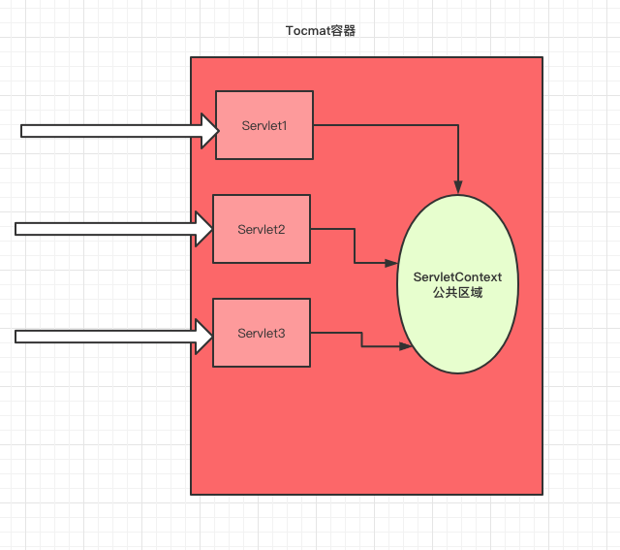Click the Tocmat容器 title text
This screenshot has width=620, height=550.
[322, 31]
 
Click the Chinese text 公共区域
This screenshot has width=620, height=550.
[457, 291]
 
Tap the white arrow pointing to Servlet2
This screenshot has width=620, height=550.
[107, 229]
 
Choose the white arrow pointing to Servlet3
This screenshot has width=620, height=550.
[107, 337]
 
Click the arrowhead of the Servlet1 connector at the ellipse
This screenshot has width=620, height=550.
[458, 183]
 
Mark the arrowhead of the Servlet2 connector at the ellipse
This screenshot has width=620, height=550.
[392, 263]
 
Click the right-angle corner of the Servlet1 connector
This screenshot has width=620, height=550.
[458, 124]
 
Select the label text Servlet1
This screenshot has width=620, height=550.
[264, 125]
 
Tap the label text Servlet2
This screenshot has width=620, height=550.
[262, 229]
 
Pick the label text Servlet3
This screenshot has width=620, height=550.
[262, 333]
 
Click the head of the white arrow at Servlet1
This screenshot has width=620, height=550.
[209, 130]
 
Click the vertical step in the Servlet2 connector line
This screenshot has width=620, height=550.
[355, 245]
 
